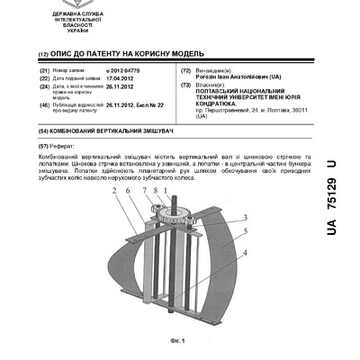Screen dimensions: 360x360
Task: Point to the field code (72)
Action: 185,69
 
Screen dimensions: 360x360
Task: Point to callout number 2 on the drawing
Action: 115,192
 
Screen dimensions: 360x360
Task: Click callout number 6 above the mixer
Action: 130,192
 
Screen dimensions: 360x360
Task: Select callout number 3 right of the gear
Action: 246,219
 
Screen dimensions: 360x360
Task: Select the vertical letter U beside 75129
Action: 331,167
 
